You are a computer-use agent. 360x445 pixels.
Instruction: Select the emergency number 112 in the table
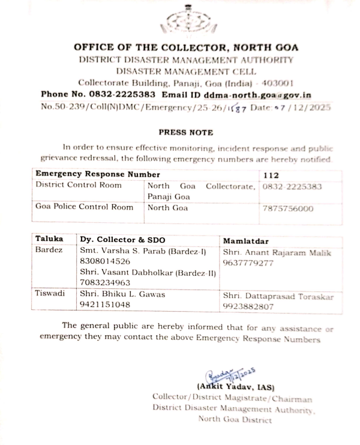point(271,174)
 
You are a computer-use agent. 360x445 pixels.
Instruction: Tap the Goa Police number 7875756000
point(288,208)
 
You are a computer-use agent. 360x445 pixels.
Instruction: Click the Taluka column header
point(49,239)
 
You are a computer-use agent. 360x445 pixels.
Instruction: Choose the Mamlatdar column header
point(246,240)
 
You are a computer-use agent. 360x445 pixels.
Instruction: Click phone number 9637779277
point(247,263)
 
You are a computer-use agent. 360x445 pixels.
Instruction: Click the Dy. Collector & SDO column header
point(122,239)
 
